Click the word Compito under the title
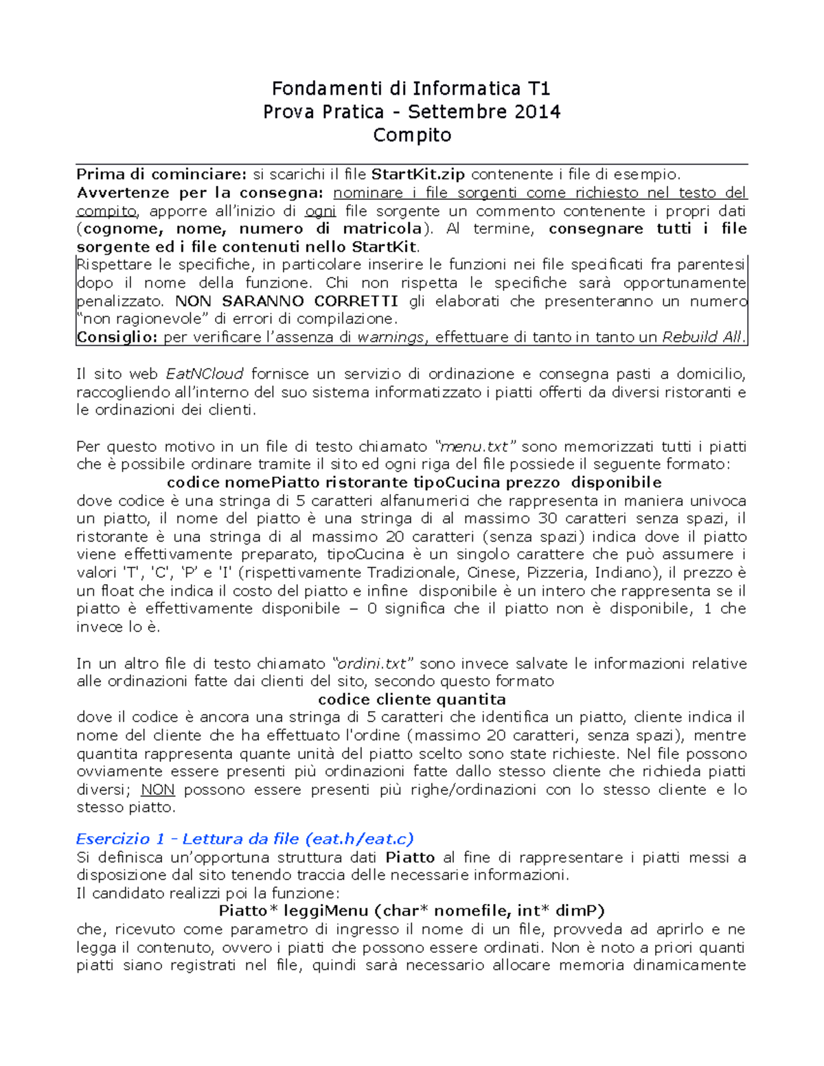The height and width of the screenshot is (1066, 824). point(412,135)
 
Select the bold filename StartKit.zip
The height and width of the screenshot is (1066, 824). point(419,174)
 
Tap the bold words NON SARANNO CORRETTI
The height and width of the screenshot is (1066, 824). point(286,301)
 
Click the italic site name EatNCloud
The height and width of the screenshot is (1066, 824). point(205,374)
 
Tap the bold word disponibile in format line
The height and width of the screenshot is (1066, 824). point(616,483)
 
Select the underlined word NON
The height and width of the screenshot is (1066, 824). point(158,790)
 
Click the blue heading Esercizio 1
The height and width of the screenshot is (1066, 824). point(113,839)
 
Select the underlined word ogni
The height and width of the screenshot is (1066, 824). point(320,211)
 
